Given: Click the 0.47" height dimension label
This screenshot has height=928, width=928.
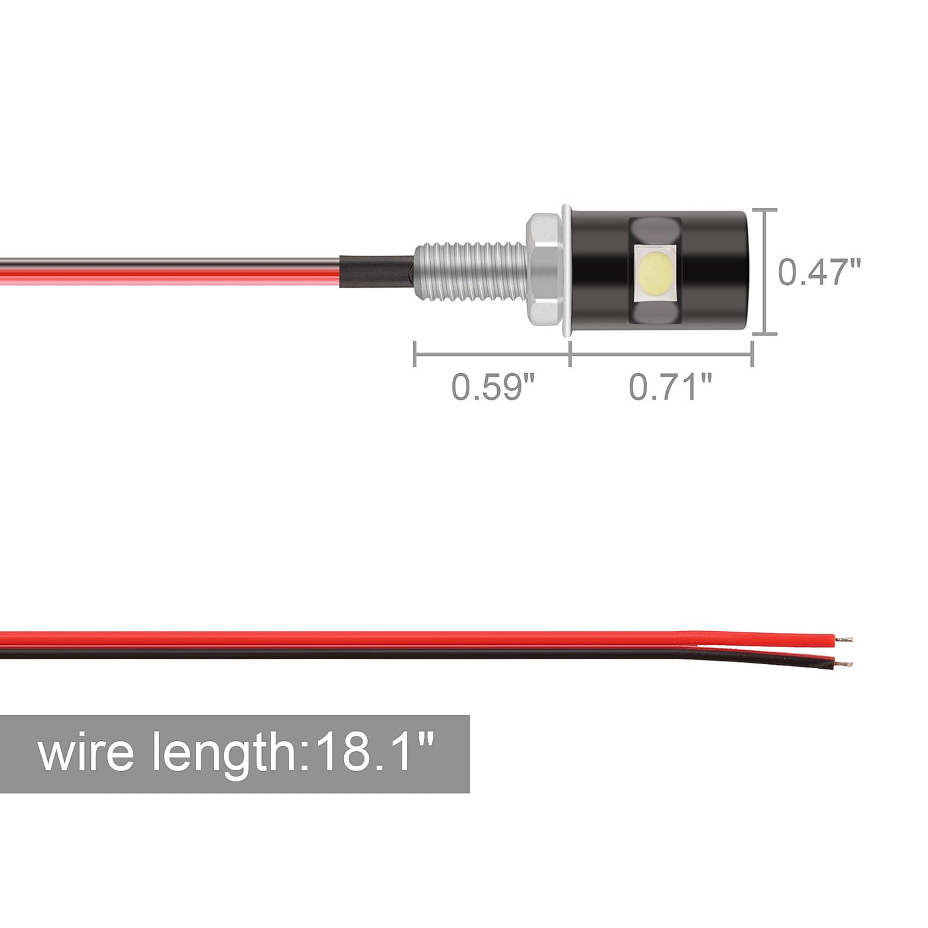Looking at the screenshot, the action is (x=819, y=272).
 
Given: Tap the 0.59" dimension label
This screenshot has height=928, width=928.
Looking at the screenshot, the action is (x=494, y=386).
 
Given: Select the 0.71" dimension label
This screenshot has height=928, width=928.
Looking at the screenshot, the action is (x=670, y=386).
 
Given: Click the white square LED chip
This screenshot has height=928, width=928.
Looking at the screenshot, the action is (x=656, y=273).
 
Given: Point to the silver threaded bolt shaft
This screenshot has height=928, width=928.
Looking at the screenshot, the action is (x=471, y=272).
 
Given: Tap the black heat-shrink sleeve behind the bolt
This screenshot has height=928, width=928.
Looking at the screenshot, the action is (x=377, y=272).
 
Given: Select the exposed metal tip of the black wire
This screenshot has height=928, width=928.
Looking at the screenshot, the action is (x=844, y=664).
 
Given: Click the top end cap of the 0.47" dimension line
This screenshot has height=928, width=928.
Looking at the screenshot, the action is (x=764, y=210).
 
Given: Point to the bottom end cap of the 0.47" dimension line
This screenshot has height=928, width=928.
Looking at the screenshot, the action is (x=764, y=333).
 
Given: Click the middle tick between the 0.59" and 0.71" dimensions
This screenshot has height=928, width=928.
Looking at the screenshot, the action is (x=570, y=354).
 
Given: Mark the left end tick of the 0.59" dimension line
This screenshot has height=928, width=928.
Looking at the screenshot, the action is (x=415, y=354).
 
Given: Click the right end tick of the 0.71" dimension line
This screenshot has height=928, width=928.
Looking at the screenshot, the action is (x=752, y=354).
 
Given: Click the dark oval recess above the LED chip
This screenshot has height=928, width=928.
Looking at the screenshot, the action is (x=655, y=231).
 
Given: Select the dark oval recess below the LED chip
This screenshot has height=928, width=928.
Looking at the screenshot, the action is (x=655, y=313).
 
